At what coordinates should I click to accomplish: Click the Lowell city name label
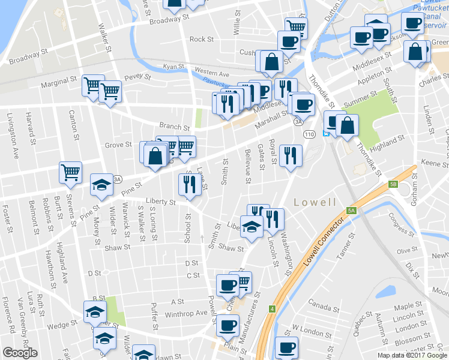coord(315,202)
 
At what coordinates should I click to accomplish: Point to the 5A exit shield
coord(351,211)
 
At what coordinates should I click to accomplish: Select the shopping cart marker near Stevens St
coord(71,172)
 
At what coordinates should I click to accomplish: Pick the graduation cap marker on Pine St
coord(101,184)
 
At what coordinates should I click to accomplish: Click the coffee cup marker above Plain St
coord(228,325)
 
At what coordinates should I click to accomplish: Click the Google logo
coord(20,353)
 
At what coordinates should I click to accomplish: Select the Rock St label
coord(202,40)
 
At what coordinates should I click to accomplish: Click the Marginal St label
coord(59,79)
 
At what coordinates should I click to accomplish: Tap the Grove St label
coord(118,145)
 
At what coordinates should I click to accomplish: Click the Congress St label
coord(400,223)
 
